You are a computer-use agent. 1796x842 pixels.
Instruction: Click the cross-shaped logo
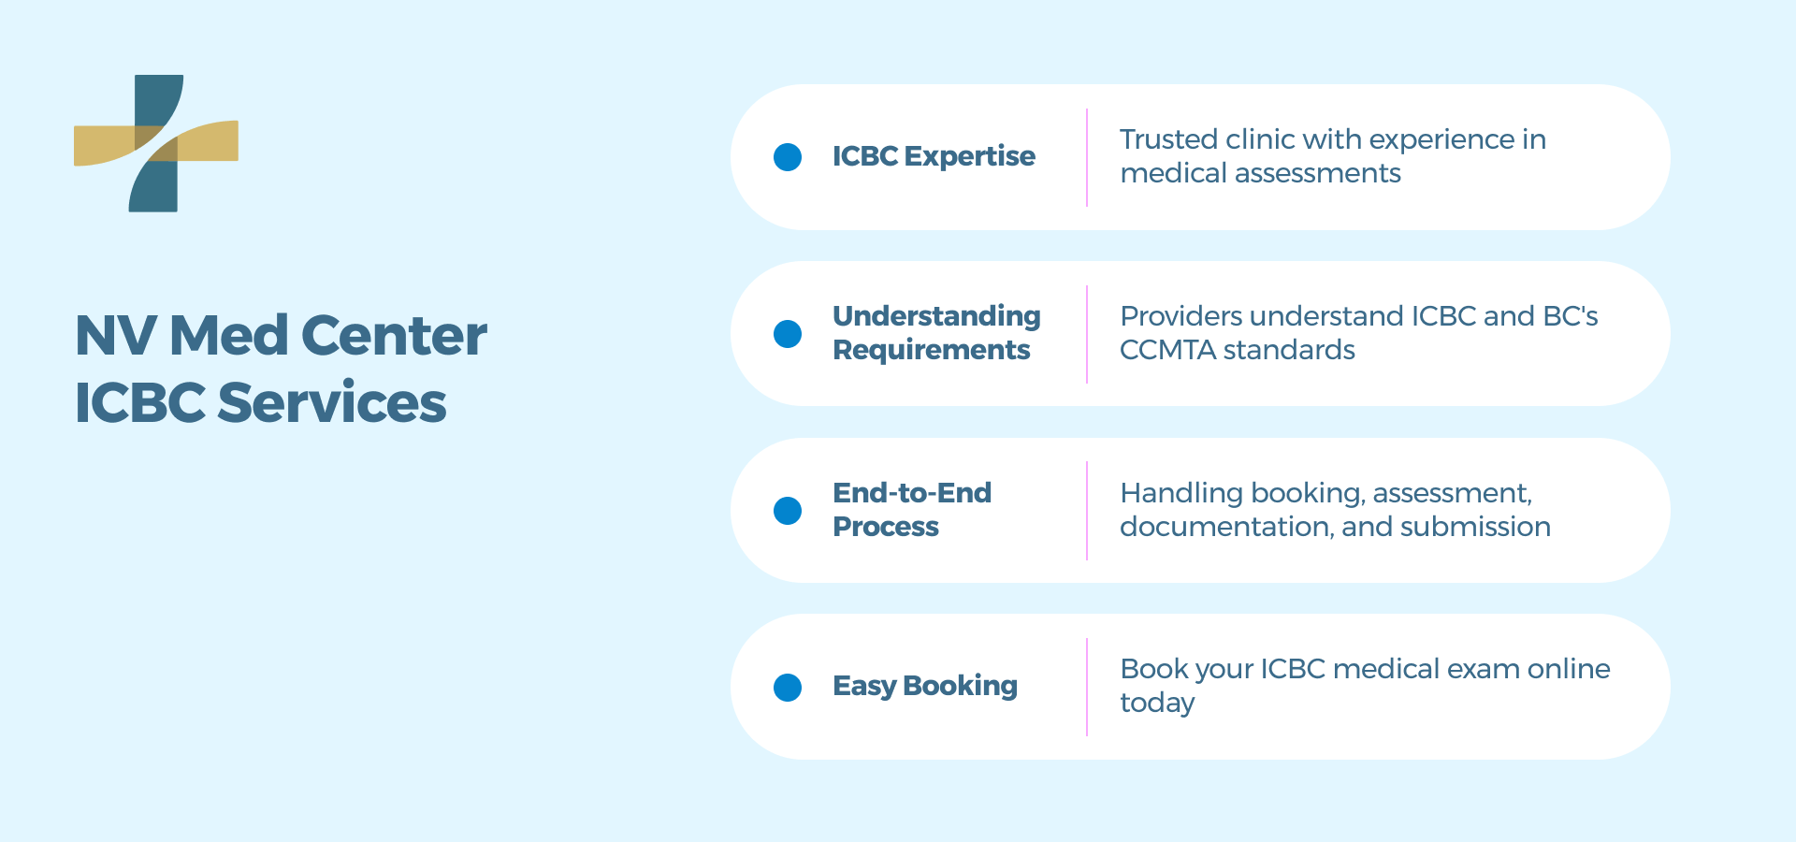point(155,143)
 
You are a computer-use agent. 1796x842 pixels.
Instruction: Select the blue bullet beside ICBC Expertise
point(788,157)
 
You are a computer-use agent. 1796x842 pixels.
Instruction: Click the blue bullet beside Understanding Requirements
point(788,334)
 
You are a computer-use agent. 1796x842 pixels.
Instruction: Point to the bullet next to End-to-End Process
point(788,511)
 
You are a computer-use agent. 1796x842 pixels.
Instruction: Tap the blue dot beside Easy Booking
point(788,688)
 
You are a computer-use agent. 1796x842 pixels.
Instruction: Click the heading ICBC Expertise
point(934,156)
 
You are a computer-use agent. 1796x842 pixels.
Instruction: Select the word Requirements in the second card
point(931,350)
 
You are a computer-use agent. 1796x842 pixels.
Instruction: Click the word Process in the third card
point(885,527)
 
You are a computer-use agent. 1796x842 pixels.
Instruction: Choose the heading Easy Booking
point(924,686)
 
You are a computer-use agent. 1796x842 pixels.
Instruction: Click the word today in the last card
point(1157,704)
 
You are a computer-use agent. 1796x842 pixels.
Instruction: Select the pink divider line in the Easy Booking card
point(1087,687)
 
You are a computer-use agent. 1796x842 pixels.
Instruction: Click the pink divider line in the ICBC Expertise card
point(1087,157)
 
